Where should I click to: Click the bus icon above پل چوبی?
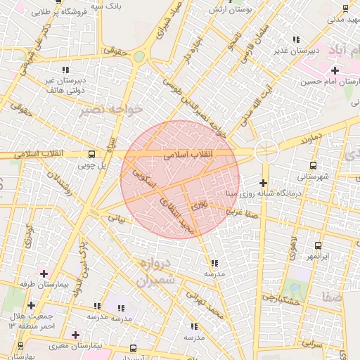[91, 154]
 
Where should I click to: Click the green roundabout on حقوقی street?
[139, 57]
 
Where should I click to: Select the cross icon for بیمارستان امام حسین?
[335, 70]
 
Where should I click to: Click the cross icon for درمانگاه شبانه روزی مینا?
[263, 184]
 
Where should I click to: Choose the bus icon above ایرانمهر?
[319, 245]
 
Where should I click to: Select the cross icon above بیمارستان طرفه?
[44, 274]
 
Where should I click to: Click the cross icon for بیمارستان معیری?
[75, 335]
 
